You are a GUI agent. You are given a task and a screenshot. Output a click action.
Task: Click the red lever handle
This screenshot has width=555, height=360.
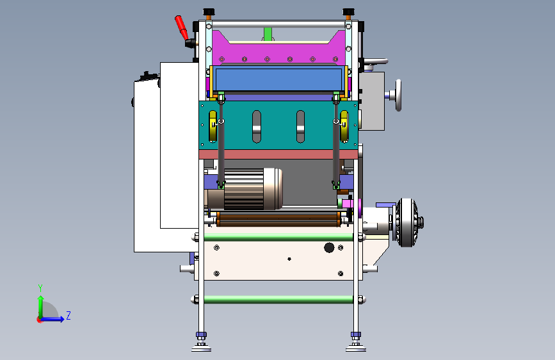[181, 28]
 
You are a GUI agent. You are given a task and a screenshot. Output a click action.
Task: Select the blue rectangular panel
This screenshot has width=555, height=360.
[278, 79]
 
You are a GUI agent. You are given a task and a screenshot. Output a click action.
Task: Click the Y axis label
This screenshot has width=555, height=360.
[40, 288]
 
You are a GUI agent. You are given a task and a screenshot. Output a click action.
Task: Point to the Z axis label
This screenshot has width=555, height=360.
[68, 315]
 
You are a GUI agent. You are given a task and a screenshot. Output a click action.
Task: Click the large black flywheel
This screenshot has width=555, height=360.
[407, 222]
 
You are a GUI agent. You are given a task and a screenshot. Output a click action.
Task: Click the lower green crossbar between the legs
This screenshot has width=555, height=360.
[278, 300]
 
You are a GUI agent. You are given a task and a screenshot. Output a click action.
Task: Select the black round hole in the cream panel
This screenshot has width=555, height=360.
[329, 247]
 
